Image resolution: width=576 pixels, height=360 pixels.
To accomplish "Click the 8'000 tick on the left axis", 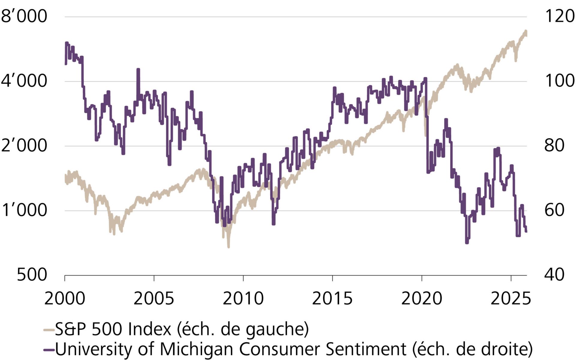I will pos(24,16).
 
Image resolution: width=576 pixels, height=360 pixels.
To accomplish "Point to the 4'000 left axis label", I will pos(24,81).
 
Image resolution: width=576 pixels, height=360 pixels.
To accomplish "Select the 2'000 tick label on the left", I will pos(24,146).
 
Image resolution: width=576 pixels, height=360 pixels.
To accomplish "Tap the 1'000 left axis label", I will pos(24,210).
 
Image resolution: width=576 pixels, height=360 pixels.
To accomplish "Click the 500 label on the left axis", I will pos(32,275).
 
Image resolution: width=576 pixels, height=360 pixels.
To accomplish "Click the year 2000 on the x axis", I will pos(64,299).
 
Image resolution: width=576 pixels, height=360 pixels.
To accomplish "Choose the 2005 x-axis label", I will pos(154,299).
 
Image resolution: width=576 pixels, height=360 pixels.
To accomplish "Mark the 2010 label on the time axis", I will pos(243,299).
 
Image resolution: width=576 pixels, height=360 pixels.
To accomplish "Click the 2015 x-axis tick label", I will pos(332,299).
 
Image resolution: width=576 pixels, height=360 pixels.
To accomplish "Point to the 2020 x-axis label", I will pos(421,299).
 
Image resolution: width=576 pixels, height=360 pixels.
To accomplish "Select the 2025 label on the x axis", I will pos(511,299).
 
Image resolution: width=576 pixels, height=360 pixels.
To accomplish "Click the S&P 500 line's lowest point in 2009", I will pos(229,247).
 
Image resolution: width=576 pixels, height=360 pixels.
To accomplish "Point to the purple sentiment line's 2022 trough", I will pos(467,242).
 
